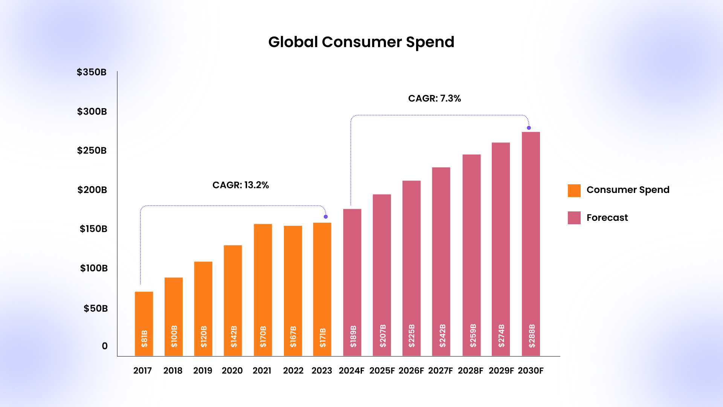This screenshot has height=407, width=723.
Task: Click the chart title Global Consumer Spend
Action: pyautogui.click(x=361, y=42)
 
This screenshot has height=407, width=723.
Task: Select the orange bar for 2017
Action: pyautogui.click(x=144, y=324)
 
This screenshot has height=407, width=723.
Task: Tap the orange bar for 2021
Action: pyautogui.click(x=263, y=290)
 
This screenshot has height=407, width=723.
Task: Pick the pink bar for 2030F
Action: pyautogui.click(x=531, y=244)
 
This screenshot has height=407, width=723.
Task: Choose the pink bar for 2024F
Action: pyautogui.click(x=352, y=282)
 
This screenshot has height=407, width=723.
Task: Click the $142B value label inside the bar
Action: pyautogui.click(x=233, y=337)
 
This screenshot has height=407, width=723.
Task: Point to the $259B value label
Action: pyautogui.click(x=473, y=335)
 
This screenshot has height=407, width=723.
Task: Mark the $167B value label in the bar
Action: pyautogui.click(x=293, y=337)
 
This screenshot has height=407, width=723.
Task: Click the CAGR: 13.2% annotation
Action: pyautogui.click(x=241, y=185)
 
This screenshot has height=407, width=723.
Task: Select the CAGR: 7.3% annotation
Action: pyautogui.click(x=435, y=98)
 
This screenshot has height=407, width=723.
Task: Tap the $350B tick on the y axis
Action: pyautogui.click(x=92, y=72)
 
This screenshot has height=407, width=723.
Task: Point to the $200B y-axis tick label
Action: pyautogui.click(x=92, y=190)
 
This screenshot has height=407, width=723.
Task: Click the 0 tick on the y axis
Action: pyautogui.click(x=105, y=346)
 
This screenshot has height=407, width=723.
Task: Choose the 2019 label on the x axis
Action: pyautogui.click(x=203, y=370)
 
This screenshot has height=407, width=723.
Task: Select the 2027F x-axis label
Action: pyautogui.click(x=441, y=370)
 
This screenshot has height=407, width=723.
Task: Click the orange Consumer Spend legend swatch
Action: pyautogui.click(x=574, y=191)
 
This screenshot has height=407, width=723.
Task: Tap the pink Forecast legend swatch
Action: pyautogui.click(x=574, y=218)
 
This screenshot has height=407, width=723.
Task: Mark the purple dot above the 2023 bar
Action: pyautogui.click(x=326, y=217)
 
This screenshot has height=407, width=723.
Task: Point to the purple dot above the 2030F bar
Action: pyautogui.click(x=529, y=128)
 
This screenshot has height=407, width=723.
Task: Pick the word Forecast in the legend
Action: pyautogui.click(x=607, y=218)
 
